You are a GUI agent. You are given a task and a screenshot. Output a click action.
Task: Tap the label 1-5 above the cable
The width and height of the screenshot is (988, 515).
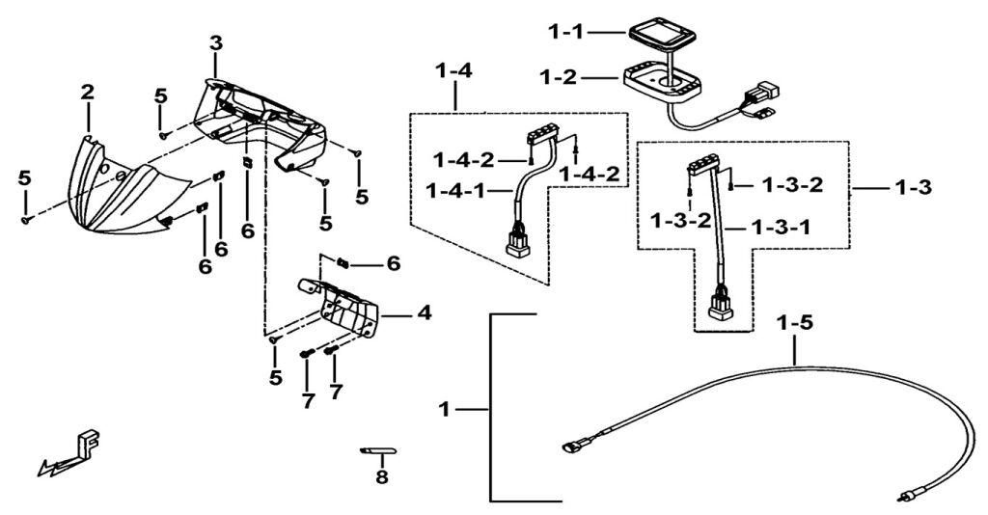coord(801,324)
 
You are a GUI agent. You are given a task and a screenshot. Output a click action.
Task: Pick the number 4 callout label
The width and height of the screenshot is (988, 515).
coord(424,313)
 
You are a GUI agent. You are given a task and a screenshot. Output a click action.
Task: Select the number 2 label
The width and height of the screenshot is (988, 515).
coord(88,93)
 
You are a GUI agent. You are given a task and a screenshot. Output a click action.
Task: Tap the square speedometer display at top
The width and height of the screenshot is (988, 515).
coord(663,38)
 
